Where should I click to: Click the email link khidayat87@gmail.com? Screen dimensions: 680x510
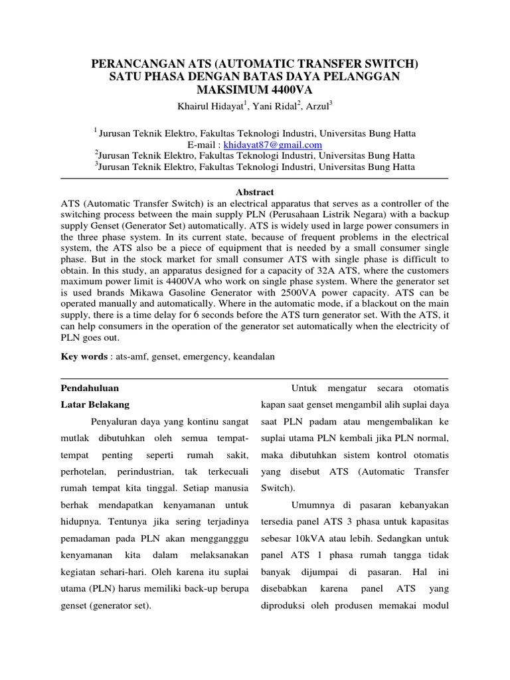tap(272, 145)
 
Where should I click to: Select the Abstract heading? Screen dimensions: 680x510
tap(254, 191)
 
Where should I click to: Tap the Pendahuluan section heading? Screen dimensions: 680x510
tap(90, 388)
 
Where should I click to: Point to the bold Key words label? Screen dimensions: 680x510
tap(84, 357)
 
